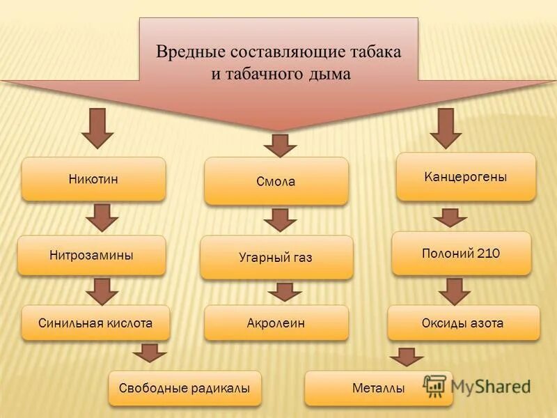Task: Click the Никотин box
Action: point(93,179)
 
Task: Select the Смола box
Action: point(276,181)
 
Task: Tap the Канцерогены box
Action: point(466,177)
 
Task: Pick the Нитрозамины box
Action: point(91,255)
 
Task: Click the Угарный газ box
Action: point(276,257)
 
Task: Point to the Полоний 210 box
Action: point(461,253)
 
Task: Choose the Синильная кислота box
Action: point(95,323)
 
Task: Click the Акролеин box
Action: point(276,323)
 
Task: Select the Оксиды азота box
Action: point(463,323)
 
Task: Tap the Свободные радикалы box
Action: point(185,388)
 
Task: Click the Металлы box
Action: point(378,388)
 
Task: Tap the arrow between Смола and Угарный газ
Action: point(280,219)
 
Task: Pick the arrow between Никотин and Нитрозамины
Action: point(102,217)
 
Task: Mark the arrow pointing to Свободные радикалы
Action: point(150,353)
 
